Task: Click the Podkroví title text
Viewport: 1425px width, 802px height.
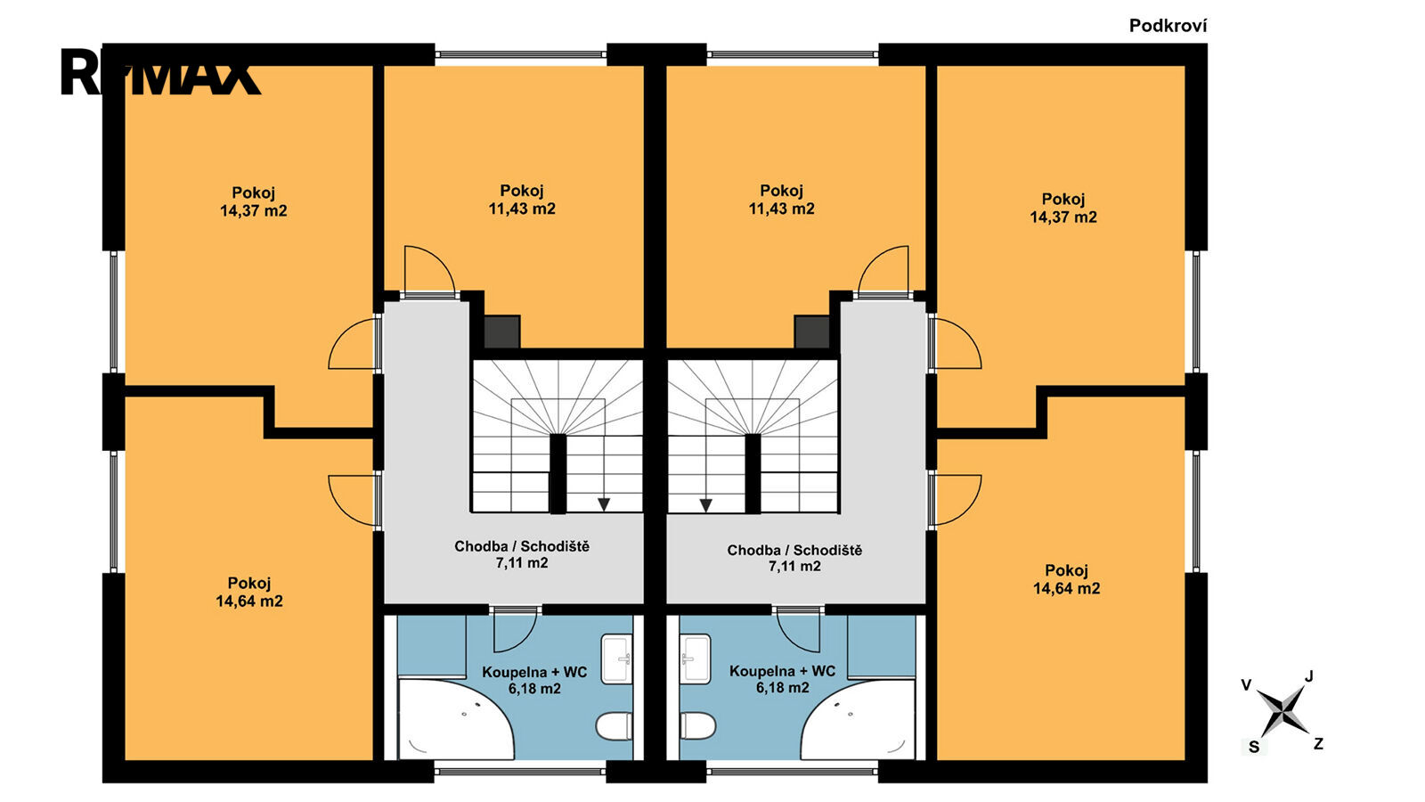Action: click(x=1168, y=26)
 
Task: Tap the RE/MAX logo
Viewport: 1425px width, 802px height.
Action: click(x=160, y=72)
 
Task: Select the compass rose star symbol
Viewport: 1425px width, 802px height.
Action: click(x=1283, y=712)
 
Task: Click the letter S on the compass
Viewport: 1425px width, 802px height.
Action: click(x=1254, y=748)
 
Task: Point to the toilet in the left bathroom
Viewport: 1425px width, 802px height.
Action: click(x=614, y=726)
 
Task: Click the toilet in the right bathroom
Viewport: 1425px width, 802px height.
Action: click(x=698, y=725)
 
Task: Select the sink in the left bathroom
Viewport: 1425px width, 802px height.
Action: click(x=616, y=659)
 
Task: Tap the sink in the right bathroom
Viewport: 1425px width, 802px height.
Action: click(x=695, y=659)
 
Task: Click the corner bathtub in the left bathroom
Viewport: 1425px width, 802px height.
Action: click(x=455, y=719)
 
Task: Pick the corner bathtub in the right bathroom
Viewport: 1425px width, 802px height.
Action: click(x=858, y=719)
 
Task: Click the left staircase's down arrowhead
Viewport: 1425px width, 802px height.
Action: click(x=604, y=504)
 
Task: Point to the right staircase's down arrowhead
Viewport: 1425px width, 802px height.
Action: click(x=705, y=504)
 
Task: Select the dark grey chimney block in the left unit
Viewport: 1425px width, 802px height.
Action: click(x=502, y=331)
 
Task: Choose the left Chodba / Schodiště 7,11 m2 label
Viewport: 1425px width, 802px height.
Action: click(x=522, y=554)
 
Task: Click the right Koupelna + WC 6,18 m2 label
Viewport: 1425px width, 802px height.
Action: click(x=783, y=679)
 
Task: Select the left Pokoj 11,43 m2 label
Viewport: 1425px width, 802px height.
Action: click(x=522, y=200)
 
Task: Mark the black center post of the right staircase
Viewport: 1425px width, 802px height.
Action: click(x=753, y=473)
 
